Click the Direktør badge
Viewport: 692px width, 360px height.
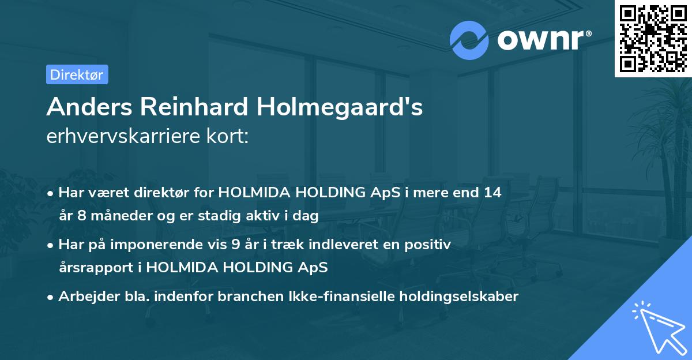[x=76, y=74]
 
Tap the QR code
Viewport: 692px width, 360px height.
[x=653, y=39]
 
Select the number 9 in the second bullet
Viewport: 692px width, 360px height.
[x=235, y=245]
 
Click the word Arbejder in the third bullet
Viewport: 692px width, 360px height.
[x=83, y=297]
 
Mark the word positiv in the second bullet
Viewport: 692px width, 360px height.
[x=430, y=245]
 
